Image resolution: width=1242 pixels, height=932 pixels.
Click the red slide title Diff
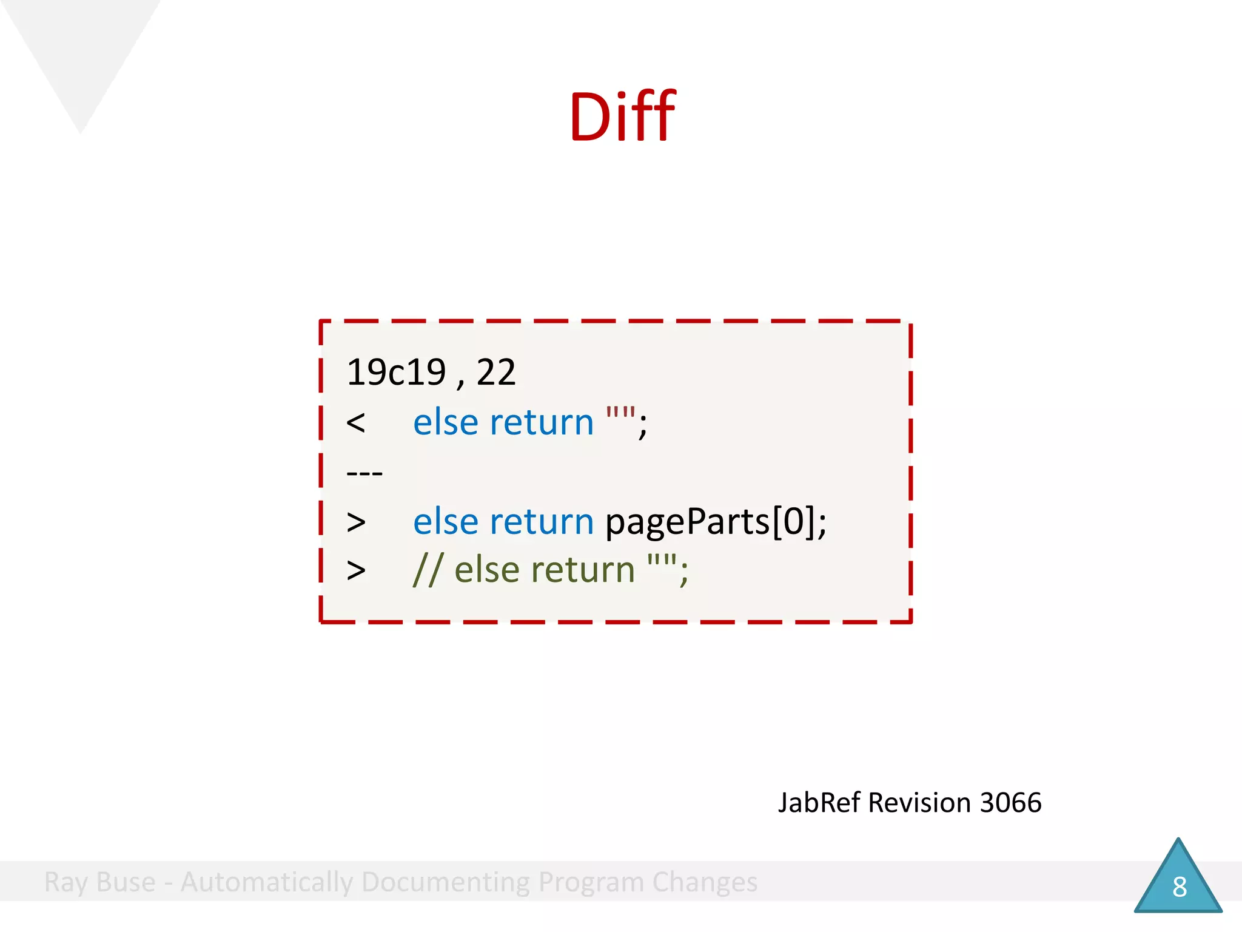(x=622, y=116)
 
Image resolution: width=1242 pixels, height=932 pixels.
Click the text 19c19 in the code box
(x=396, y=372)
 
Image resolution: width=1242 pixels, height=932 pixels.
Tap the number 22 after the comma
(x=496, y=372)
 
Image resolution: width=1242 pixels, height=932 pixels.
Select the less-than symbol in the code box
(x=356, y=423)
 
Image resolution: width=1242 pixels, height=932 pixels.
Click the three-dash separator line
(x=364, y=473)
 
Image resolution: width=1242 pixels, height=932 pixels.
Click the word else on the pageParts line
(x=446, y=522)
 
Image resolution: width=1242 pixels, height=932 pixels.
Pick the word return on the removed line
(x=542, y=423)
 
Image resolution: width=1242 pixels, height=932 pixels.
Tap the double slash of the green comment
(x=428, y=570)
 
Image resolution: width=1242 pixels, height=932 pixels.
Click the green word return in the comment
(x=583, y=570)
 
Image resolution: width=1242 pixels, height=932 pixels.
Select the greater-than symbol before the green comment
(x=356, y=570)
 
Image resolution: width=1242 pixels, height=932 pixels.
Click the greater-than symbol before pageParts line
(x=356, y=522)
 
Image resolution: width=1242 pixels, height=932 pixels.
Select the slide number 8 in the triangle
(x=1179, y=887)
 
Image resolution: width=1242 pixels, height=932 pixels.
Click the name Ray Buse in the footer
(x=100, y=882)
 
